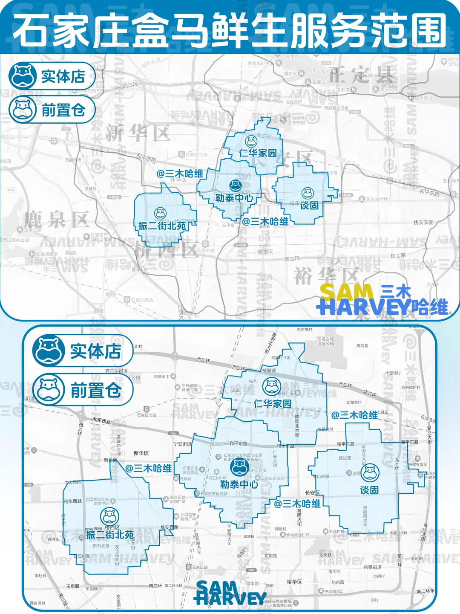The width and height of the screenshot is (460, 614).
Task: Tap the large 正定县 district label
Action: [360, 76]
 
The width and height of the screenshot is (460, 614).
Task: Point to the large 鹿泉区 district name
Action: [57, 220]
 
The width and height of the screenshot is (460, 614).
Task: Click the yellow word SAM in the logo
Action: [346, 293]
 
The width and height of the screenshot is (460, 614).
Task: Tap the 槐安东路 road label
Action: [423, 222]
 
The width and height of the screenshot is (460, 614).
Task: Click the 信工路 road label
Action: [398, 255]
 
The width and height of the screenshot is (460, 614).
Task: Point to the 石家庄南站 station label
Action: [141, 300]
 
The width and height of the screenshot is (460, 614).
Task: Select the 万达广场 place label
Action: [336, 532]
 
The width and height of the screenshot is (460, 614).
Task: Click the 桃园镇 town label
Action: [269, 371]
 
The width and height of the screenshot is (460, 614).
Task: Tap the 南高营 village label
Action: [362, 346]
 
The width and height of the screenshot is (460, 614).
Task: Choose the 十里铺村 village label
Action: [393, 373]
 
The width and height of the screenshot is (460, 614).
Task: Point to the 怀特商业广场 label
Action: [298, 535]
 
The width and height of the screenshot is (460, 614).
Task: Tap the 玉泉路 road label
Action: [73, 586]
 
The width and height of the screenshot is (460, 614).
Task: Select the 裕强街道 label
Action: [373, 567]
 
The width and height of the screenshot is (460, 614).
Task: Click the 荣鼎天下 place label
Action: [161, 377]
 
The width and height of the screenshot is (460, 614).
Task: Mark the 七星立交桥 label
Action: [398, 533]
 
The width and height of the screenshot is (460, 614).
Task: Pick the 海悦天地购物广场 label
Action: [178, 499]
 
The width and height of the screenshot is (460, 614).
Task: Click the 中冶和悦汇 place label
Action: [333, 591]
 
